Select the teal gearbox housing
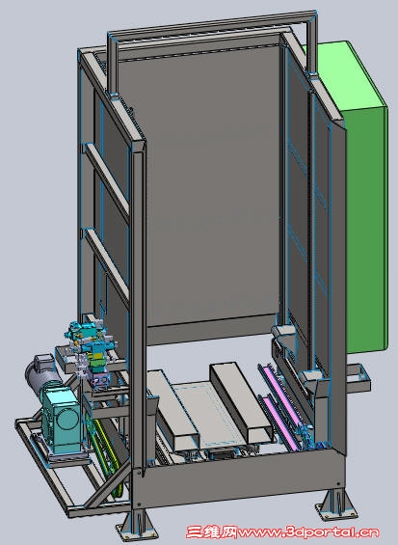(62, 420)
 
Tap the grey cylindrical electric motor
(41, 374)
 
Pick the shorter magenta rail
(279, 424)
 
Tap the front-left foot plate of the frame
(134, 531)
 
